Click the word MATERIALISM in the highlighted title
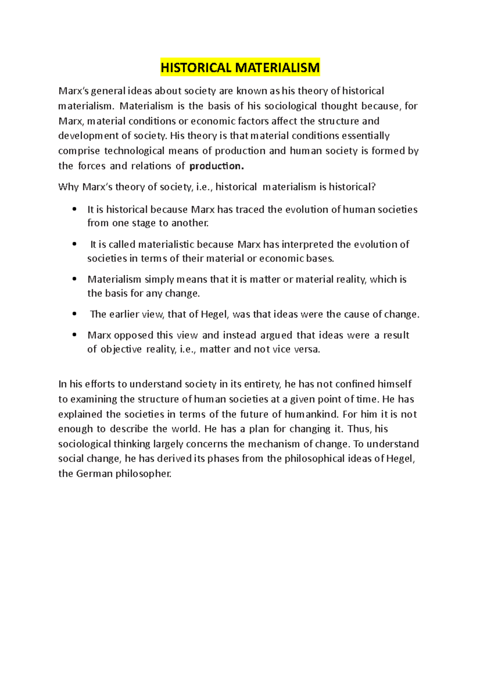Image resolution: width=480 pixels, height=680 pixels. [x=277, y=68]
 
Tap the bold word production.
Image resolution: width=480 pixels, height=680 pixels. [x=216, y=166]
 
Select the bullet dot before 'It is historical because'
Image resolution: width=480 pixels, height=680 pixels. [x=74, y=209]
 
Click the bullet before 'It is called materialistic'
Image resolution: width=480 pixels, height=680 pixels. [x=74, y=244]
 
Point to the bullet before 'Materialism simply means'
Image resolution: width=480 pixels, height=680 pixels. [x=74, y=279]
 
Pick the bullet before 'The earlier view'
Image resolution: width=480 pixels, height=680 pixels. [x=74, y=314]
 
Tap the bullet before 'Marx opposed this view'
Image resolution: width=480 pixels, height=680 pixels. [x=74, y=335]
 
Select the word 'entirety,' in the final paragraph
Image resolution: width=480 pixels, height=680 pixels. [x=263, y=384]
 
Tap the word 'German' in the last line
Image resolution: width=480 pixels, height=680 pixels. [x=94, y=474]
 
